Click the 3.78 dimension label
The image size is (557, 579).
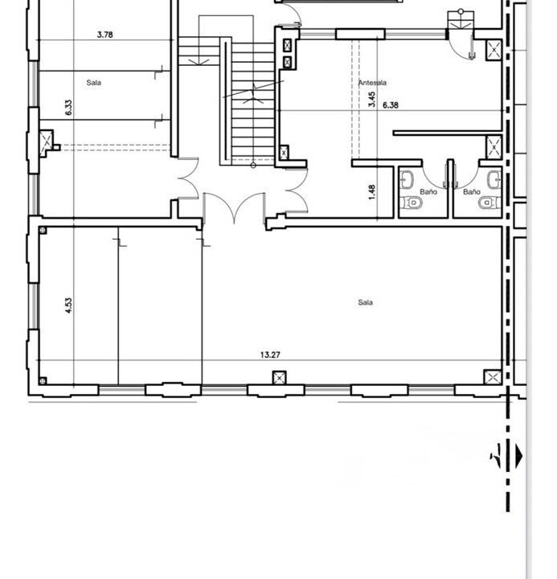pos(104,35)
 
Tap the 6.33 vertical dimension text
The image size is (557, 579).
pos(68,108)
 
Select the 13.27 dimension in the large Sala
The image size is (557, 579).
pos(270,355)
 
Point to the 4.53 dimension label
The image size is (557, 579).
pos(68,306)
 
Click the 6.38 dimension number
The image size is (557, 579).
pos(391,105)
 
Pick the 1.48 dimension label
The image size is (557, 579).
pos(371,192)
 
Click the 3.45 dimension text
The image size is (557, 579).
pos(371,100)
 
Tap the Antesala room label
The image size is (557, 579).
pos(372,83)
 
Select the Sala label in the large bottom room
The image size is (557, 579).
pos(366,302)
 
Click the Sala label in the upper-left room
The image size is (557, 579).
pos(94,83)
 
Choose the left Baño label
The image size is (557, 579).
pos(428,192)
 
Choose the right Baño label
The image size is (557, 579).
pos(472,192)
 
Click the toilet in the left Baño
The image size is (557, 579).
pos(411,203)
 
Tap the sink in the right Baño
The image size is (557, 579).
pos(494,180)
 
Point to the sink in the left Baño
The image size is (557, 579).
pos(407,180)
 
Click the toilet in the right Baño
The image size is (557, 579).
pos(489,203)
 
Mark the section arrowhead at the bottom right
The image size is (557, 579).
pos(519,456)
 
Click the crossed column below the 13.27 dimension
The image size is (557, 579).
pos(280,378)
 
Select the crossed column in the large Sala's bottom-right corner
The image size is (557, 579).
pos(493,377)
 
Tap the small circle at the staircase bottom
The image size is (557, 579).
pos(253,166)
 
